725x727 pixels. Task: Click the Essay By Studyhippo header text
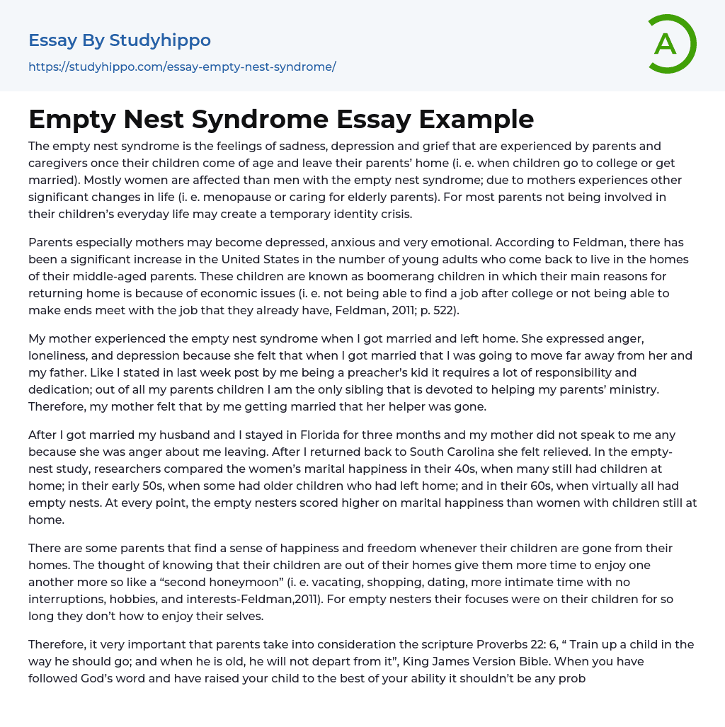(120, 40)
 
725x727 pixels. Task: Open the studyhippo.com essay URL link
(182, 67)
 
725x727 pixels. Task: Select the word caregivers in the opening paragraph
(59, 164)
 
